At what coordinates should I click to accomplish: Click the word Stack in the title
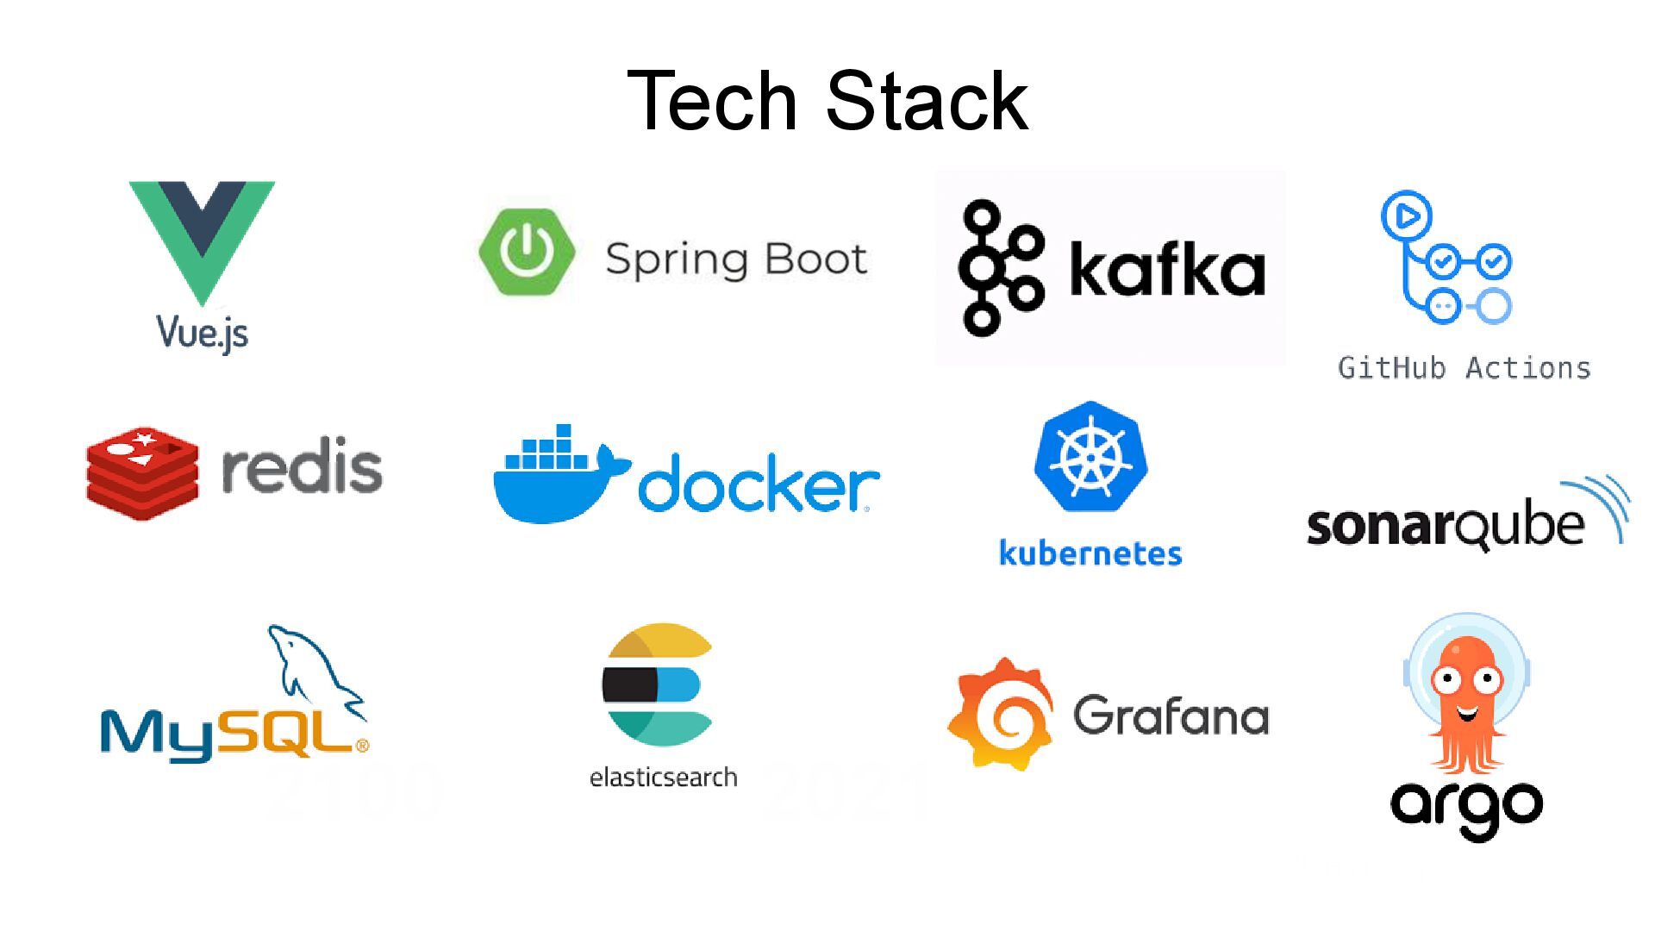pos(927,102)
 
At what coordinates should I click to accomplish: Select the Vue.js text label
pos(203,333)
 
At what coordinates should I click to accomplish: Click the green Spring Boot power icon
pos(527,252)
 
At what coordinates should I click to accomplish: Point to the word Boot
pos(815,259)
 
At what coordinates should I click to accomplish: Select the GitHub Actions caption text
pos(1464,368)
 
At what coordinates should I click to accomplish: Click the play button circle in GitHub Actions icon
pos(1407,216)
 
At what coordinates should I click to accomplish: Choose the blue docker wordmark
pos(759,485)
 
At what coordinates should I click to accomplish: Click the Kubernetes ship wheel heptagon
pos(1090,457)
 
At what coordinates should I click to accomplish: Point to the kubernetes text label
pos(1090,553)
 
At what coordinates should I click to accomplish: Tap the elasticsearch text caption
pos(663,778)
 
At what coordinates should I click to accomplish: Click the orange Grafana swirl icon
pos(1001,714)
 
